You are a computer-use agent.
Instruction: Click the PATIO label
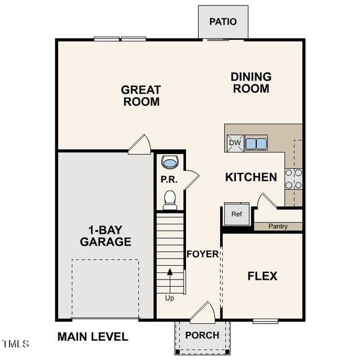[223, 22]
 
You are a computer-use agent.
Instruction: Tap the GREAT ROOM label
[141, 96]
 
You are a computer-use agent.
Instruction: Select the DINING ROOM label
[251, 83]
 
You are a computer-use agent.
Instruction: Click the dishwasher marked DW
[235, 143]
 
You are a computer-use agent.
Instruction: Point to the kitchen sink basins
[256, 143]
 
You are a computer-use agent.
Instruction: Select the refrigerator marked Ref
[236, 214]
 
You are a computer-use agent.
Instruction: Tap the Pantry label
[277, 226]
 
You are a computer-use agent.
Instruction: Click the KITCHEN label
[251, 177]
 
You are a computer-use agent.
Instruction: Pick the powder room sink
[170, 162]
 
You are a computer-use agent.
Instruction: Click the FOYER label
[202, 254]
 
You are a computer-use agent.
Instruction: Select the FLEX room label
[262, 276]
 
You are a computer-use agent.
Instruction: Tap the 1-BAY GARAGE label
[110, 236]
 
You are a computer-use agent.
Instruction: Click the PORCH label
[202, 335]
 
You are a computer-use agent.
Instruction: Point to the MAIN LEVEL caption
[92, 337]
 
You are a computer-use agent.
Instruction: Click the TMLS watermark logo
[16, 344]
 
